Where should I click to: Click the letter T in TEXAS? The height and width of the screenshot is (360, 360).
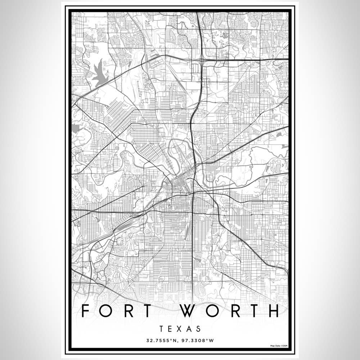click(x=160, y=329)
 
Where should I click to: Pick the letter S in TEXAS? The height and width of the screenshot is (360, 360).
click(x=198, y=329)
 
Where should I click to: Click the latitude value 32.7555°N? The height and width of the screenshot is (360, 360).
click(x=161, y=340)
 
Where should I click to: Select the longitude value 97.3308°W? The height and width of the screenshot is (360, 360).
click(x=198, y=340)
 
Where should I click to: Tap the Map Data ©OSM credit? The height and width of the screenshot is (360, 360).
click(x=279, y=346)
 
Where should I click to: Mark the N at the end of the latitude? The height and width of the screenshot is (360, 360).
click(x=175, y=340)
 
